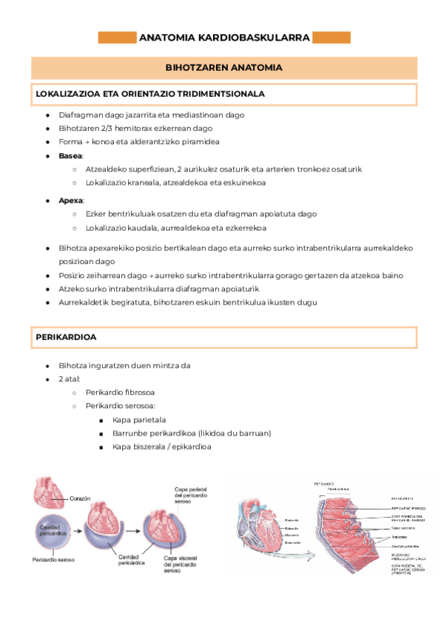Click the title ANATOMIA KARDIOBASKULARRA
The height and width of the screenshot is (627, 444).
tap(223, 37)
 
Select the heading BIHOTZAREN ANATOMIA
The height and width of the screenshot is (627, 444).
tap(223, 67)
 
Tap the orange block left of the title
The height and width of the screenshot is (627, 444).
tap(117, 37)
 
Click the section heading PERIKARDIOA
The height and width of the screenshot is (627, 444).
tap(65, 337)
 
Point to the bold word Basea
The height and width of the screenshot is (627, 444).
tap(71, 156)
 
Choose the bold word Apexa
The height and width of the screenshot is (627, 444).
tap(71, 200)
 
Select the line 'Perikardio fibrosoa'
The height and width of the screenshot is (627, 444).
tap(120, 392)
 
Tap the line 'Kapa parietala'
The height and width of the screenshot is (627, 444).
tap(138, 420)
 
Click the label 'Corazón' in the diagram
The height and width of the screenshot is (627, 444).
tap(81, 498)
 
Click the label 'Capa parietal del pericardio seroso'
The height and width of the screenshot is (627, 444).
tap(189, 493)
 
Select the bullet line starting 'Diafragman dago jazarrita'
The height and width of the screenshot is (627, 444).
tap(151, 115)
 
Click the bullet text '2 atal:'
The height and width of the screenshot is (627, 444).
tap(69, 379)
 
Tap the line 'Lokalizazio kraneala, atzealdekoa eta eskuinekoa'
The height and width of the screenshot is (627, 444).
tap(175, 183)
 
